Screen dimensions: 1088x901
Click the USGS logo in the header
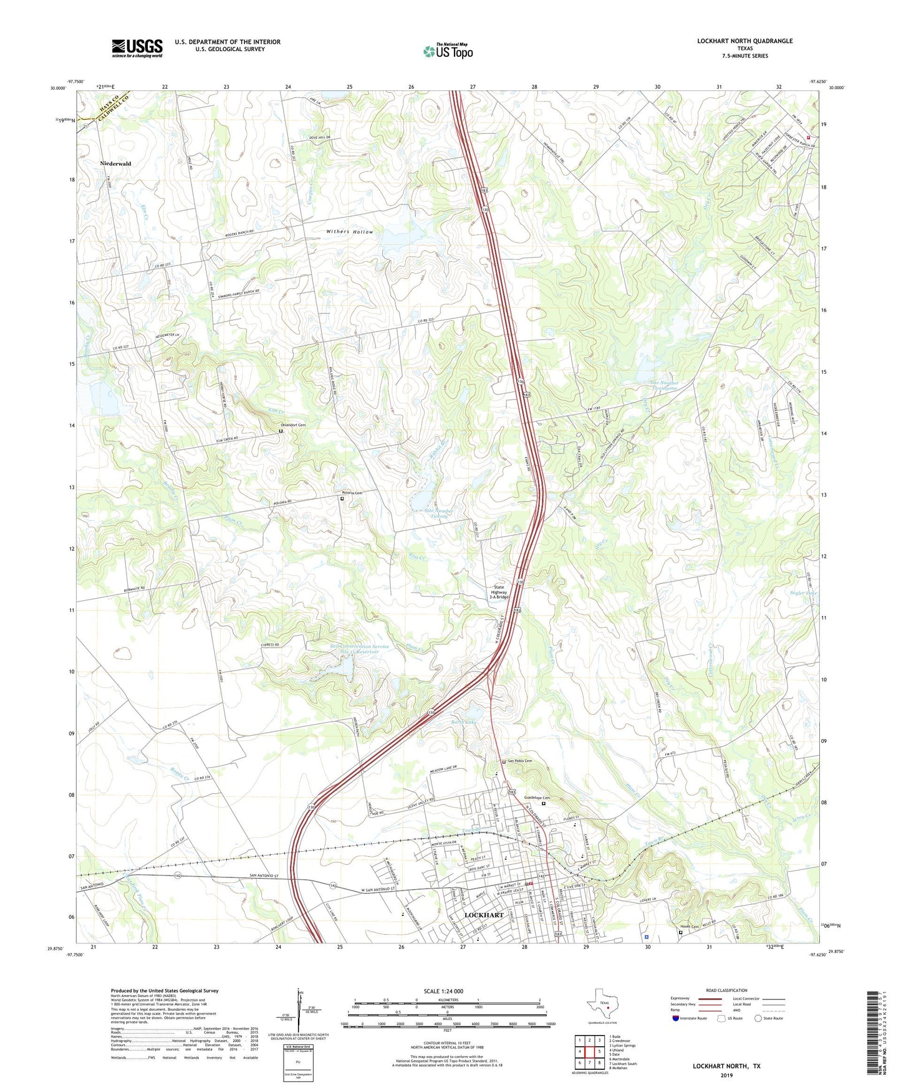coord(137,48)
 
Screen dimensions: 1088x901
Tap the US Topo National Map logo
coord(447,50)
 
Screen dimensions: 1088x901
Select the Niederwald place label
coord(115,163)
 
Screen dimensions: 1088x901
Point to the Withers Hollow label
coord(350,232)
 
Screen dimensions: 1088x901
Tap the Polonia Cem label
coord(350,493)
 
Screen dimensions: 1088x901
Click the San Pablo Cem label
coord(519,761)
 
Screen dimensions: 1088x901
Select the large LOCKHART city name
coord(484,915)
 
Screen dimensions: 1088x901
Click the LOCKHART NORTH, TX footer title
coord(726,1066)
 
